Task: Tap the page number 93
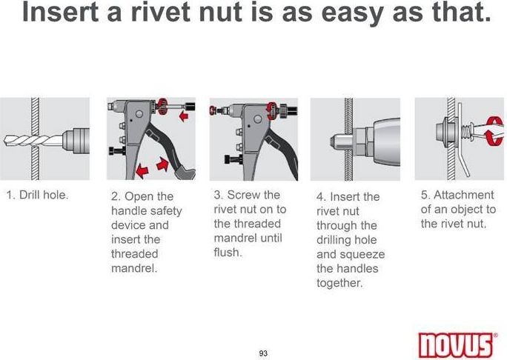click(263, 353)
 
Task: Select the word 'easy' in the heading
click(352, 15)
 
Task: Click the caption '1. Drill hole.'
click(38, 195)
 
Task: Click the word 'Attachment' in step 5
click(464, 195)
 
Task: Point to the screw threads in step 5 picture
click(465, 130)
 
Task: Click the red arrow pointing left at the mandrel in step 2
click(184, 116)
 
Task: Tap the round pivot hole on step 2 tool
click(139, 114)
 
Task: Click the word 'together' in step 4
click(339, 283)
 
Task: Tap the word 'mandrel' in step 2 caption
click(133, 268)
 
